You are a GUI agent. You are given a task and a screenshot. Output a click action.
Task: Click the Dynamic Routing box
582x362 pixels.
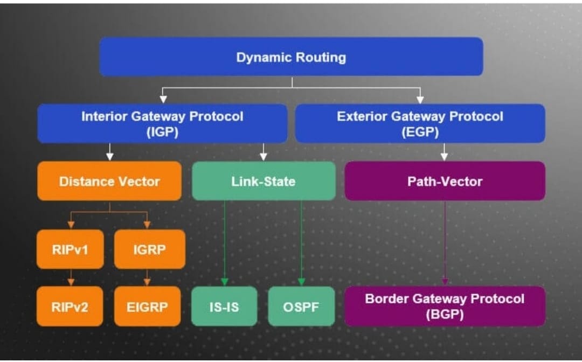pos(292,57)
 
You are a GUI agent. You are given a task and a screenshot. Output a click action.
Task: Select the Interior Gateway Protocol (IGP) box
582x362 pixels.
pos(162,123)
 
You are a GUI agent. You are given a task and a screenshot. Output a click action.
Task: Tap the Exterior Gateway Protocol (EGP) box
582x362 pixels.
pos(420,123)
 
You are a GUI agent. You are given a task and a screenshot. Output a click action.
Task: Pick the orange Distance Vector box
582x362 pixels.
pos(109,181)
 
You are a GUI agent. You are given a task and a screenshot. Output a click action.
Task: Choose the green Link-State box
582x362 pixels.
pos(264,181)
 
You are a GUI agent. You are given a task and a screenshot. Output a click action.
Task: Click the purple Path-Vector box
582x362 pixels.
pos(445,181)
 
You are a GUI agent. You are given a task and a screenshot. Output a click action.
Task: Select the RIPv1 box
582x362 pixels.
pos(70,249)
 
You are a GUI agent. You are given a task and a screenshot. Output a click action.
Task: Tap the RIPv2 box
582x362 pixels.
pos(70,307)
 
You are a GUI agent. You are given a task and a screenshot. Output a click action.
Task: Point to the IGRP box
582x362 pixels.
pos(150,249)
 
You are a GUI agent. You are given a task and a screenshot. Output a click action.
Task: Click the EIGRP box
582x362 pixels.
pos(147,307)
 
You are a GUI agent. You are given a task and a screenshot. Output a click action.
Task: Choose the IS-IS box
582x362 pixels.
pos(224,307)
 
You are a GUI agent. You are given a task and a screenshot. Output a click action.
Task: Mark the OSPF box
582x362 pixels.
pos(301,307)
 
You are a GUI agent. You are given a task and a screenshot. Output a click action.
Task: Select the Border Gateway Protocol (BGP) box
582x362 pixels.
pos(445,307)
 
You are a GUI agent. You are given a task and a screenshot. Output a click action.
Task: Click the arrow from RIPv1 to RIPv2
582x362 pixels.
pos(71,277)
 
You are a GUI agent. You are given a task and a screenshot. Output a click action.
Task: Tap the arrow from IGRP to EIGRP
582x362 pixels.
pos(147,277)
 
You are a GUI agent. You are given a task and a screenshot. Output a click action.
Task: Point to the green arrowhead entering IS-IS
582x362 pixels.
pos(224,282)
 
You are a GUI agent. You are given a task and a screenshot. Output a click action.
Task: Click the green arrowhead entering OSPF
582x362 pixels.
pos(301,282)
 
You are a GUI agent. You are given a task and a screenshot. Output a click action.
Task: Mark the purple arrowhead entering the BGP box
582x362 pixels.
pos(445,282)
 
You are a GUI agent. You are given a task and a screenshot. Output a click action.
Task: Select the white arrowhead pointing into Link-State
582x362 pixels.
pos(264,157)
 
